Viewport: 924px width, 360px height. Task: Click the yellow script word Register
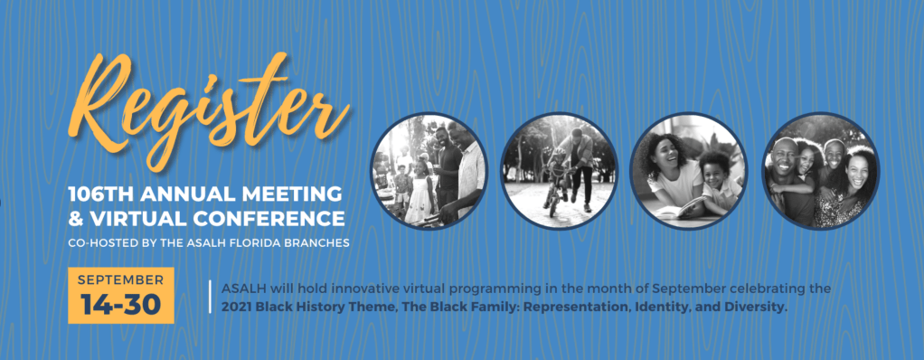coord(209,112)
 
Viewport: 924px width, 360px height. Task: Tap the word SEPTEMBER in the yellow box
coord(121,279)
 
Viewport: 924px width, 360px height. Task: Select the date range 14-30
coord(121,304)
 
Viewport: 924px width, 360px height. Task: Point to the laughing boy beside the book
coord(718,181)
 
